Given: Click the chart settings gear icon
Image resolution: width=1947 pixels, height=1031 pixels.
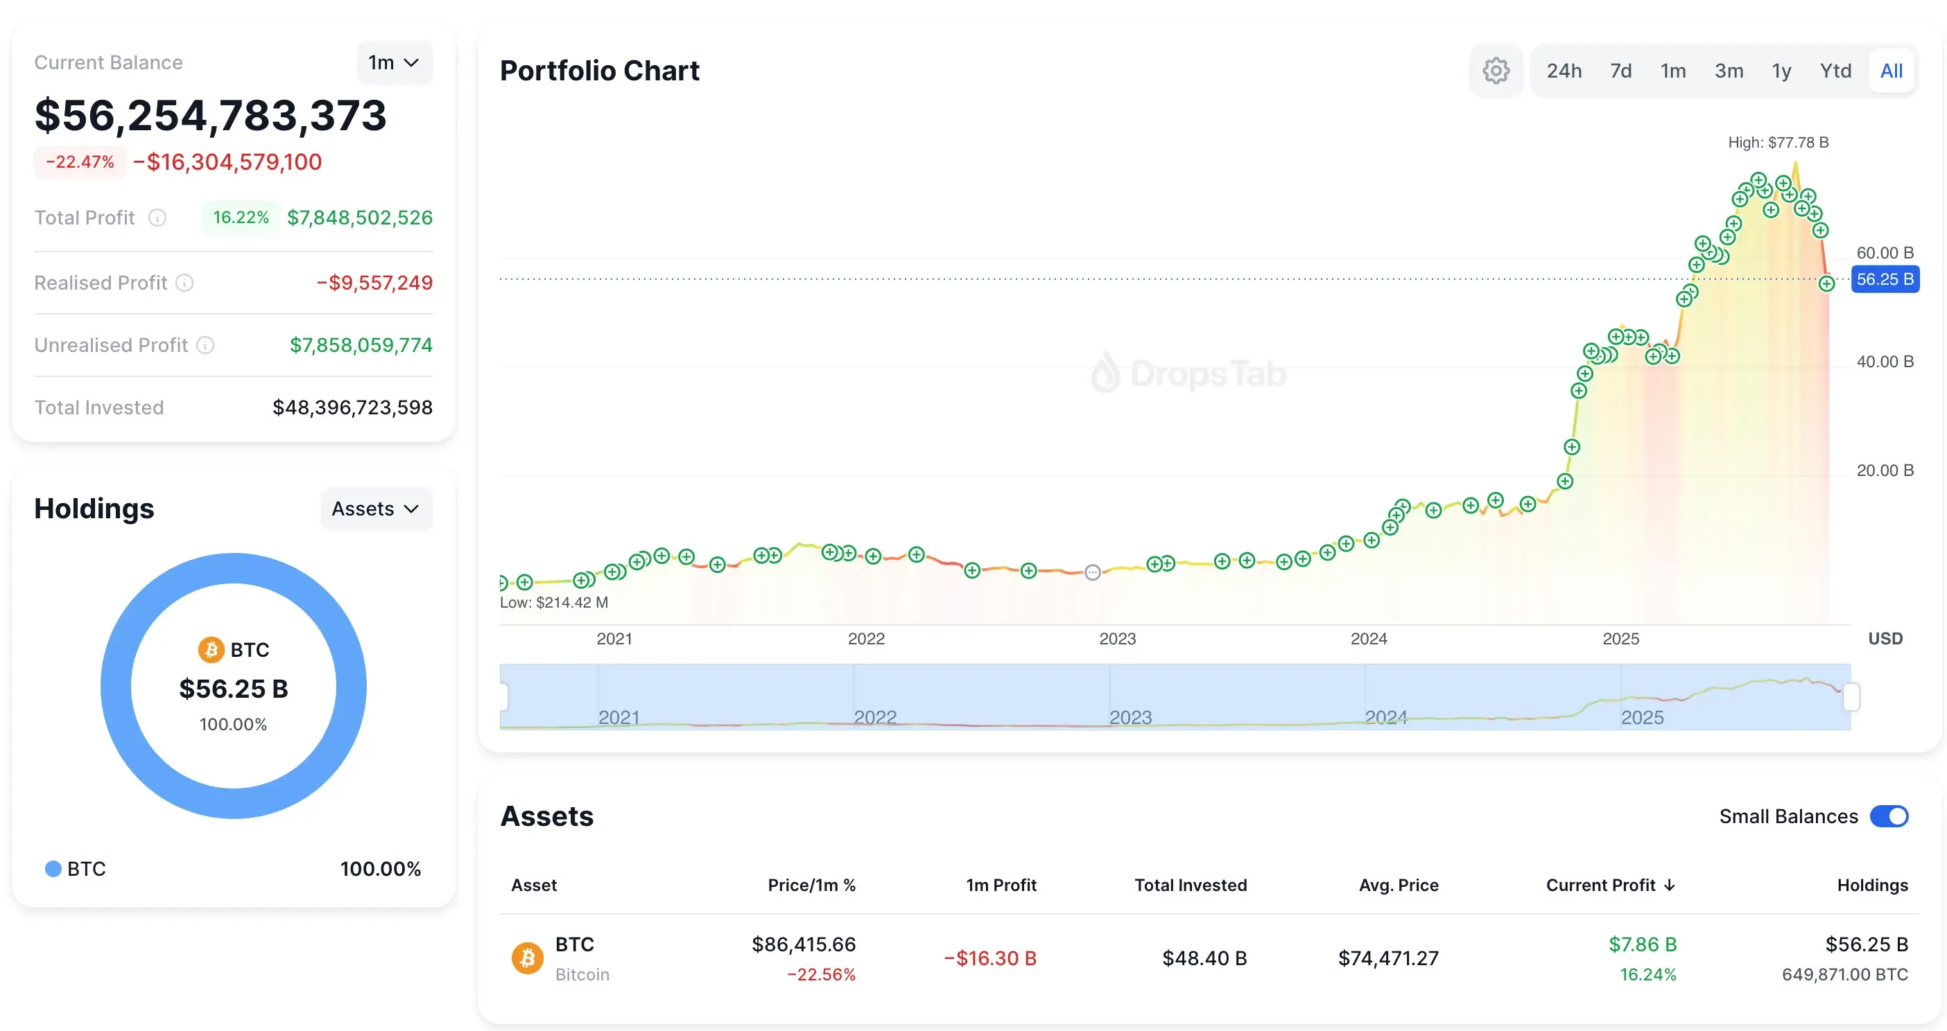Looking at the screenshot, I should click(x=1495, y=71).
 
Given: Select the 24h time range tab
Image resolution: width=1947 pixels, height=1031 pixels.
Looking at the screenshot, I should click(x=1564, y=71).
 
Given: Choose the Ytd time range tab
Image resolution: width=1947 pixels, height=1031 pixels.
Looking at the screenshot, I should click(x=1835, y=71).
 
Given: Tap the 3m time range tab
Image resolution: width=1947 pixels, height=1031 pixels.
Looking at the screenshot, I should click(x=1729, y=71).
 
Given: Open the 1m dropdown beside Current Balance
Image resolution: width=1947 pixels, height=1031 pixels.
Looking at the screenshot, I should click(x=394, y=62).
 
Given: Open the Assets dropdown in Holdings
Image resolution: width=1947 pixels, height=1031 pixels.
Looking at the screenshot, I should click(x=376, y=509).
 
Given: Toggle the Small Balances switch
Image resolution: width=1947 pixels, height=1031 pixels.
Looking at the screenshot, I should click(x=1889, y=816).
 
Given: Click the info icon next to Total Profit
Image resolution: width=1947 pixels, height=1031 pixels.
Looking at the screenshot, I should click(x=157, y=218).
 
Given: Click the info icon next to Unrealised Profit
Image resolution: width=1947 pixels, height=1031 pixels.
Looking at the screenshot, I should click(x=205, y=345).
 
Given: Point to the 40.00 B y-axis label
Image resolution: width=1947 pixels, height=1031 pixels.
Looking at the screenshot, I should click(x=1885, y=362).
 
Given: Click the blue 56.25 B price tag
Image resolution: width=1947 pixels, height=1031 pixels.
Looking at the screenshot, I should click(x=1885, y=279).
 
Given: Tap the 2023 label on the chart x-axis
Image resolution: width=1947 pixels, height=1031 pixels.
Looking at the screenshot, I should click(x=1117, y=639).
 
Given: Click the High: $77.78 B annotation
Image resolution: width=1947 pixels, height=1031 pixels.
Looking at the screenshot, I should click(x=1778, y=143).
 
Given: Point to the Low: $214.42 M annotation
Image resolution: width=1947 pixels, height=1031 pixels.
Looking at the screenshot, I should click(x=554, y=603).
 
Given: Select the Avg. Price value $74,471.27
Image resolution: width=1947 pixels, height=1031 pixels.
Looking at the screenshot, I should click(x=1387, y=958).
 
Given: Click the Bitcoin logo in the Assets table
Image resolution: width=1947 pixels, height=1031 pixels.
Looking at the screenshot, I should click(x=528, y=958).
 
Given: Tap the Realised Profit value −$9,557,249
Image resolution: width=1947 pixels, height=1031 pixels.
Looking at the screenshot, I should click(x=374, y=283).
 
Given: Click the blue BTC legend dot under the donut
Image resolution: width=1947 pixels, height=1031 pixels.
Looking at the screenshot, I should click(x=53, y=869).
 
